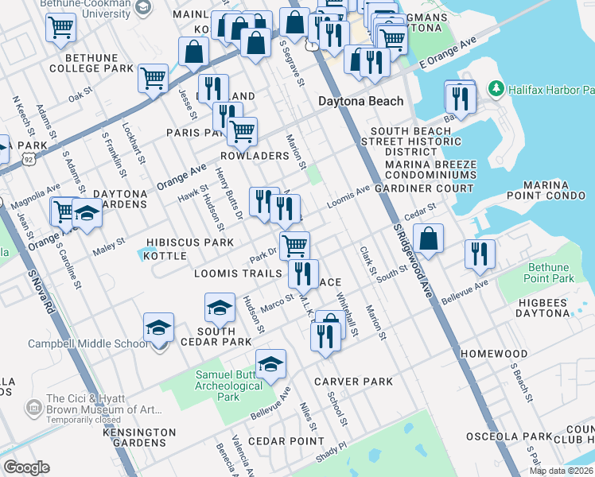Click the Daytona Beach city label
click(360, 102)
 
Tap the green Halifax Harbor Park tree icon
click(497, 87)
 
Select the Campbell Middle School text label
click(87, 343)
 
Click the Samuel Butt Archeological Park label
click(229, 386)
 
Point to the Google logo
click(26, 467)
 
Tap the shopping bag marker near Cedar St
click(429, 238)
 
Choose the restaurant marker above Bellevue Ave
click(480, 253)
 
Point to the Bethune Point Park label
click(549, 273)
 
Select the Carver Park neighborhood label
click(353, 382)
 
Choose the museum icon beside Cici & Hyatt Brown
click(33, 409)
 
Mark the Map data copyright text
click(561, 471)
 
